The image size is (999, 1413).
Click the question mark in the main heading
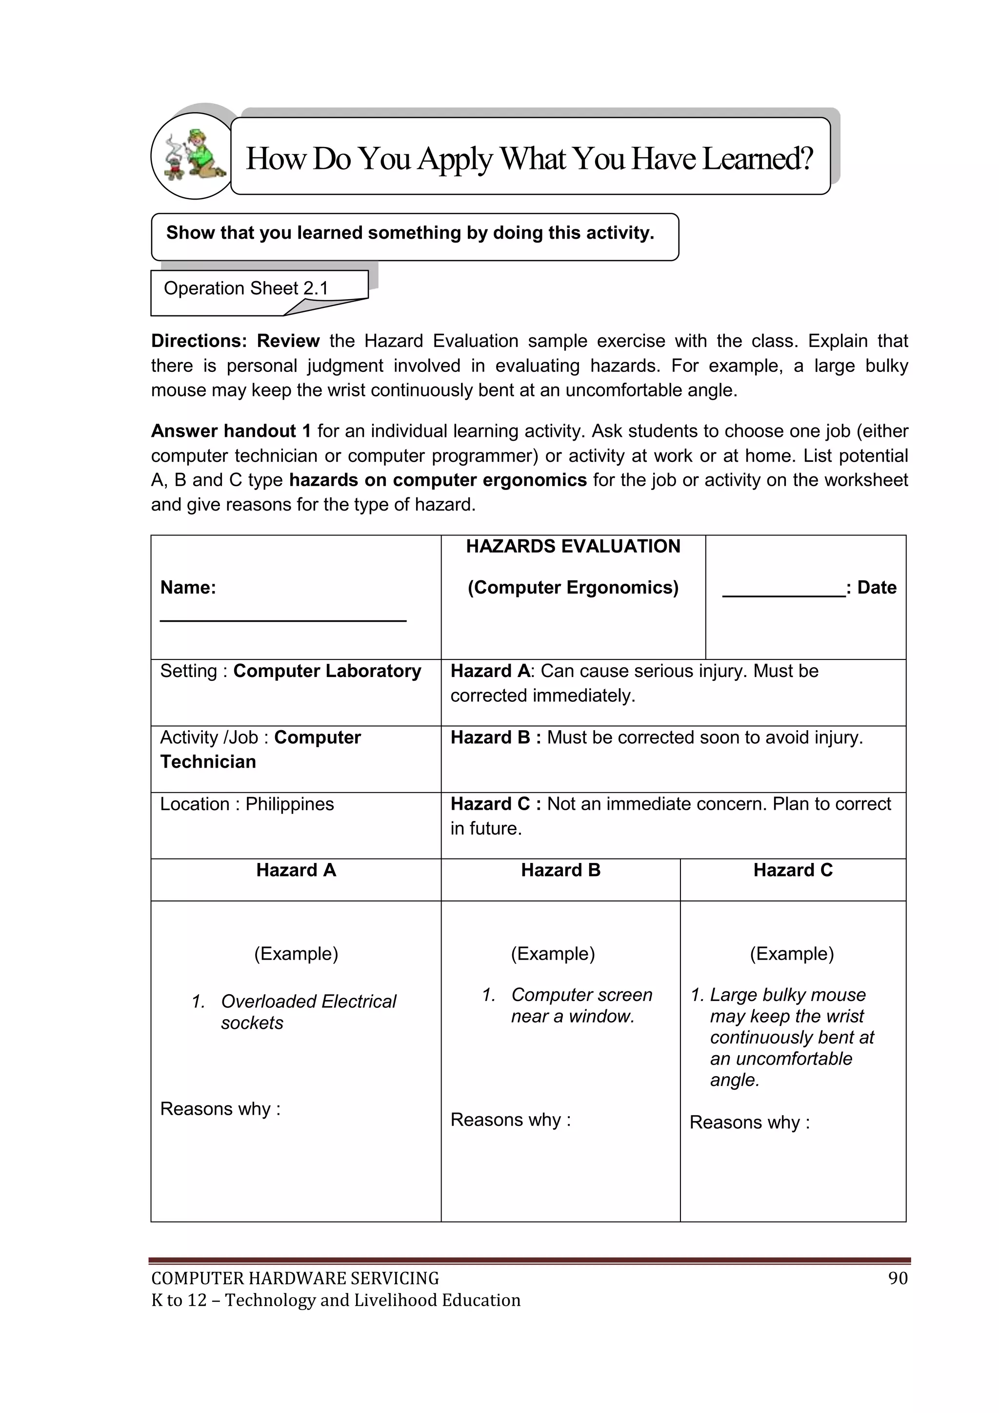806,158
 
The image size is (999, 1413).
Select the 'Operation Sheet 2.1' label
245,288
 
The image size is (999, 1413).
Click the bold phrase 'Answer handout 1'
231,431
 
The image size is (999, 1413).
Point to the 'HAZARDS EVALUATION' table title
573,547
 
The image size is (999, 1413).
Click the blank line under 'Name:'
283,620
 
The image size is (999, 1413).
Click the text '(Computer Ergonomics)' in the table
573,588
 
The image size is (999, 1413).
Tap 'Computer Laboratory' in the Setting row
327,671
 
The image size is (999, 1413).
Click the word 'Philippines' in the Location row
289,804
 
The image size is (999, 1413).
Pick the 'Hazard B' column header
560,870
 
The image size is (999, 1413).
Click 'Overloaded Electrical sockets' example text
308,1012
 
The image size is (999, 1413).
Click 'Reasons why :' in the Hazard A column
220,1108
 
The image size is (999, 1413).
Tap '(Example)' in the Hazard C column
792,953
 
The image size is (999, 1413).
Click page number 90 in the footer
898,1278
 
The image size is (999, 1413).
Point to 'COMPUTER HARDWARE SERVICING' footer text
295,1278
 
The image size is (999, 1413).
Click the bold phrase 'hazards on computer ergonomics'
438,480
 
